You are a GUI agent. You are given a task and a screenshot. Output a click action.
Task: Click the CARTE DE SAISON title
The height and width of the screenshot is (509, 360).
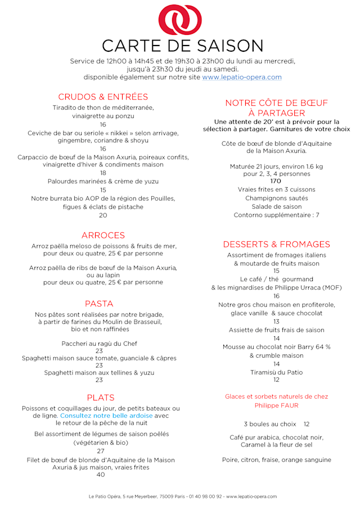pos(182,46)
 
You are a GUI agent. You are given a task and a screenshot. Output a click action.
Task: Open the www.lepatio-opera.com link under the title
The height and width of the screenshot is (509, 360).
pos(242,77)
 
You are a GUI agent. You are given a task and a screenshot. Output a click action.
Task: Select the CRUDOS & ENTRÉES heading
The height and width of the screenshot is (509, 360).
pos(103,97)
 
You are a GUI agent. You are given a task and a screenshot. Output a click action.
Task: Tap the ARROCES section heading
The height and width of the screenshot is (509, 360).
pos(103,235)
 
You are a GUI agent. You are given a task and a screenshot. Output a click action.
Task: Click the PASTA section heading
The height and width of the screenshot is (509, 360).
pos(99,304)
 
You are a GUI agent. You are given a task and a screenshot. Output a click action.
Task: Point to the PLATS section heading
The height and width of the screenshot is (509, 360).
pos(101,397)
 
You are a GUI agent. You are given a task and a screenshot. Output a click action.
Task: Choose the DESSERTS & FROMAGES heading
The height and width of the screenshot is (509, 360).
pos(276,244)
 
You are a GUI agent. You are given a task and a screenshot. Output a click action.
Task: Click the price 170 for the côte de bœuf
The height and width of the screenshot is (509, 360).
pos(276,181)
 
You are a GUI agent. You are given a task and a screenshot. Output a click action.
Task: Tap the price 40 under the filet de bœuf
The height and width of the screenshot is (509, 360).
pos(101,475)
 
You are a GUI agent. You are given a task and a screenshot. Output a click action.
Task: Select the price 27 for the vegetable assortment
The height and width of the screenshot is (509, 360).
pos(101,451)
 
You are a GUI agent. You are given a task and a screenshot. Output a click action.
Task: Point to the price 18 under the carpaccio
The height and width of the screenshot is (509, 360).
pos(103,173)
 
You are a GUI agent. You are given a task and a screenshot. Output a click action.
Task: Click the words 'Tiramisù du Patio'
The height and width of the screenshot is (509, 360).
pos(276,372)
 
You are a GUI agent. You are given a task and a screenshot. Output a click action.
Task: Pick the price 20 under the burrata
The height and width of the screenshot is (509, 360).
pos(103,215)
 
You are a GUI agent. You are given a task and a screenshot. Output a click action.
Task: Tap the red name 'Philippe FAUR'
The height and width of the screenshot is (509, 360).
pos(276,405)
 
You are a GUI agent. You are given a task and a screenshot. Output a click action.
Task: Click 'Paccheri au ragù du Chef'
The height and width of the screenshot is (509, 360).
pos(99,343)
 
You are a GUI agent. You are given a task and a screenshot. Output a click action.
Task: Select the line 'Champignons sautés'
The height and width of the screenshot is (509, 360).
pos(276,198)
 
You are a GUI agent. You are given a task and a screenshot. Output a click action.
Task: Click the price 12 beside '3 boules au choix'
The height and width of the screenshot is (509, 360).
pos(306,424)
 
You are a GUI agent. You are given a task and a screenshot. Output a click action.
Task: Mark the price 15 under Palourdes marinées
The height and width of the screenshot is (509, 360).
pos(103,190)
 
